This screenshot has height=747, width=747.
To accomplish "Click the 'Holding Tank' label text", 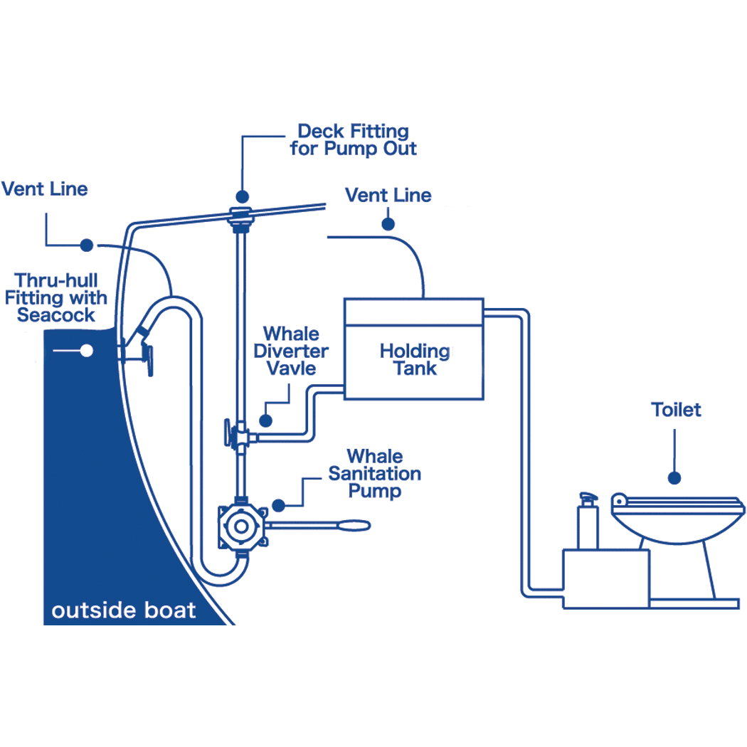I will (414, 359).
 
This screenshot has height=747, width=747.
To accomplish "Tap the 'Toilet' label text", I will (676, 410).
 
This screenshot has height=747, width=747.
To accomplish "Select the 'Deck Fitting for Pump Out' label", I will (353, 140).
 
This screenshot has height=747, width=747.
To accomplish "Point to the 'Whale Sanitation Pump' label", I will (374, 473).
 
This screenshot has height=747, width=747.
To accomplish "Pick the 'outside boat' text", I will (124, 610).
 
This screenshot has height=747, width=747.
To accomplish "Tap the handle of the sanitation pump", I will (334, 526).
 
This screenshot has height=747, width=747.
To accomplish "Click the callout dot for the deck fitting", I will (242, 195).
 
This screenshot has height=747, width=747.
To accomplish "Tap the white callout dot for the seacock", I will (87, 350).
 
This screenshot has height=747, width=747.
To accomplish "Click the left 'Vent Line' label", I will (45, 189).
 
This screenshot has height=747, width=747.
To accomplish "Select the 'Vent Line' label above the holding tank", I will (388, 195).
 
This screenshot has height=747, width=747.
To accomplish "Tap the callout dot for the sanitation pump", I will (278, 505).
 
